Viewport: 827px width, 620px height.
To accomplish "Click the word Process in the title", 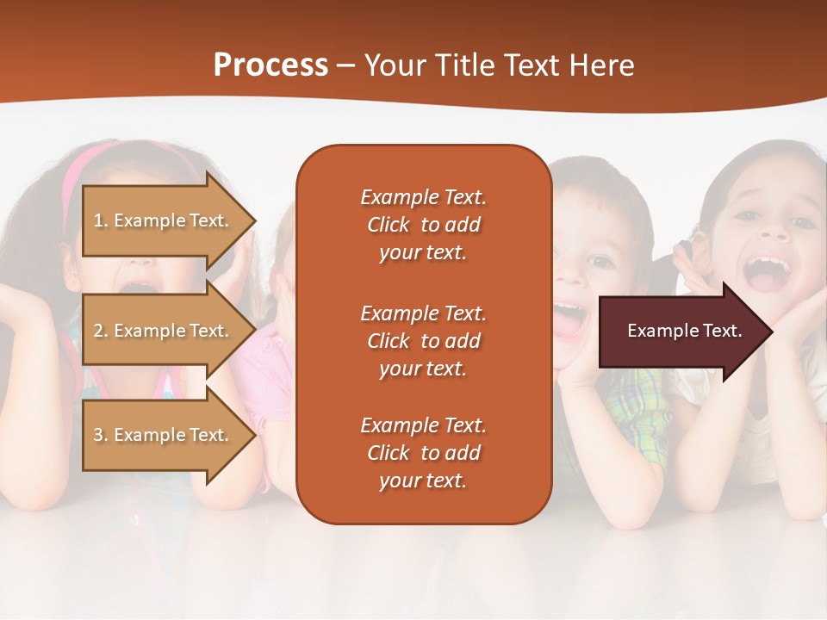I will point(270,65).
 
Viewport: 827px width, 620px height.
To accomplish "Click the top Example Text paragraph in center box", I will point(423,225).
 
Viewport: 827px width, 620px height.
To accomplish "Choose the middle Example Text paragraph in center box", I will point(423,341).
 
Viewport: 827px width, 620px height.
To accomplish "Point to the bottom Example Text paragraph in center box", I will point(423,453).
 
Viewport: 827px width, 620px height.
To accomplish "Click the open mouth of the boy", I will point(567,319).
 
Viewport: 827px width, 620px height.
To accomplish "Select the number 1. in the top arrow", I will point(101,220).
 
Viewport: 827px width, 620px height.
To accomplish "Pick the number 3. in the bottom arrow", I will point(101,435).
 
